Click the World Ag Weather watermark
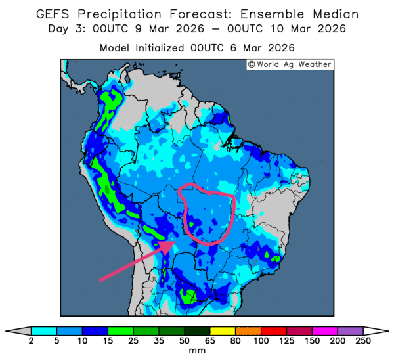[290, 64]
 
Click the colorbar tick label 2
[32, 341]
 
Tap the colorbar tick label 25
[133, 341]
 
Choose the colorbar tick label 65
[209, 341]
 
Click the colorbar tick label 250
[362, 341]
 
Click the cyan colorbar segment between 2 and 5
[44, 330]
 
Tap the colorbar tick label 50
[184, 341]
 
